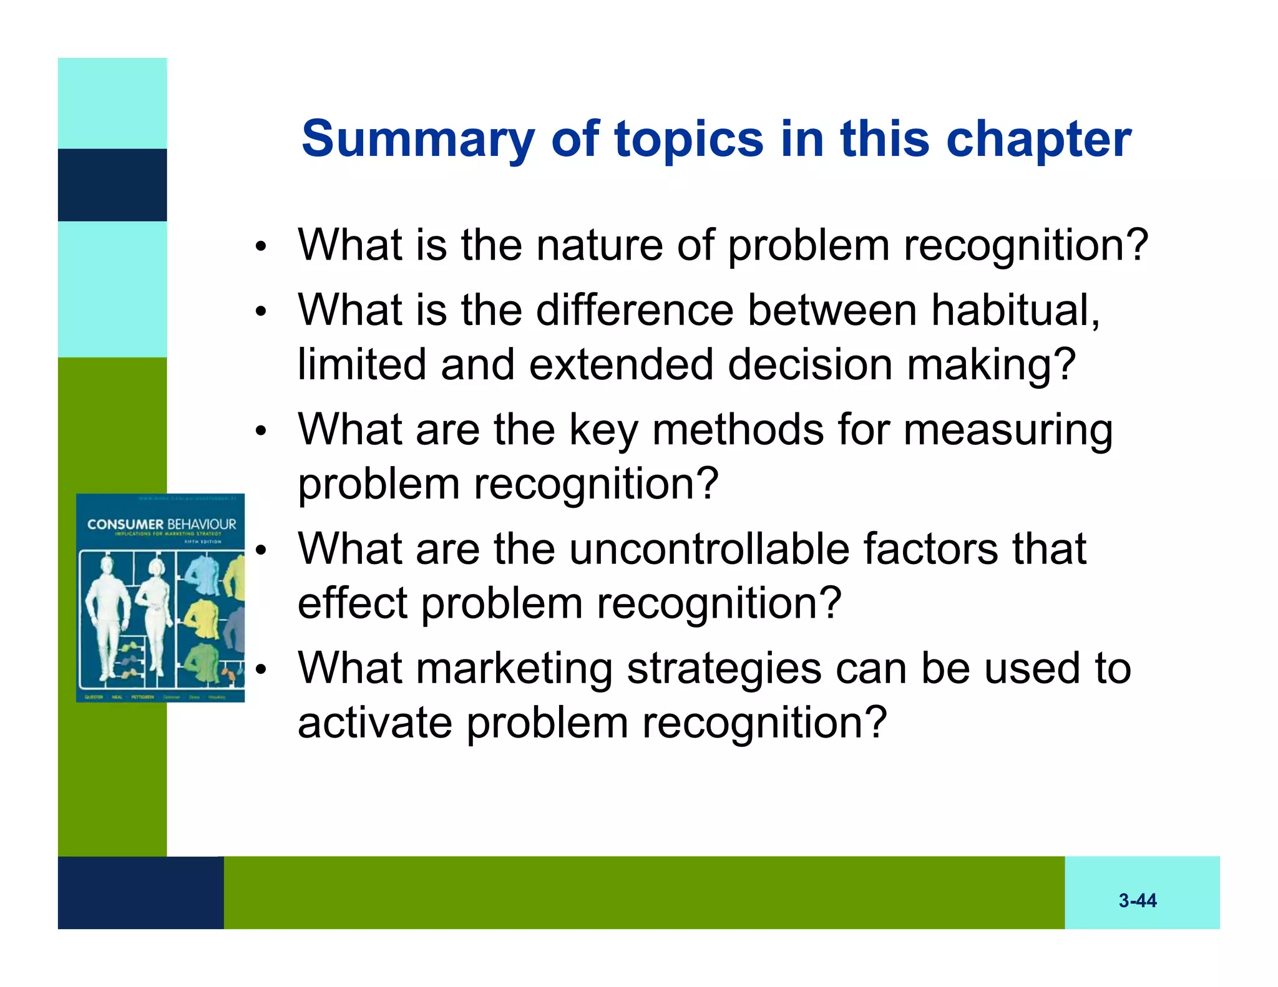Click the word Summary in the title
[417, 139]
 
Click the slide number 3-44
[1137, 900]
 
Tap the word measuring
[1007, 430]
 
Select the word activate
[374, 723]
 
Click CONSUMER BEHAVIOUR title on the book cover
[161, 524]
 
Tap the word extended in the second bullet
[621, 364]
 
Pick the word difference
[634, 310]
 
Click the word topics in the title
[689, 139]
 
